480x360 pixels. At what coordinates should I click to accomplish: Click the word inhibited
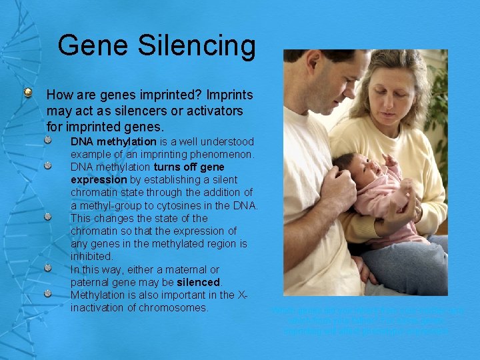[x=92, y=257]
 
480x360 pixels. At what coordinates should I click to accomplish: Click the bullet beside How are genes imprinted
[x=29, y=93]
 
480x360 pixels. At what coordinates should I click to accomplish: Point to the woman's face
[x=397, y=93]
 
